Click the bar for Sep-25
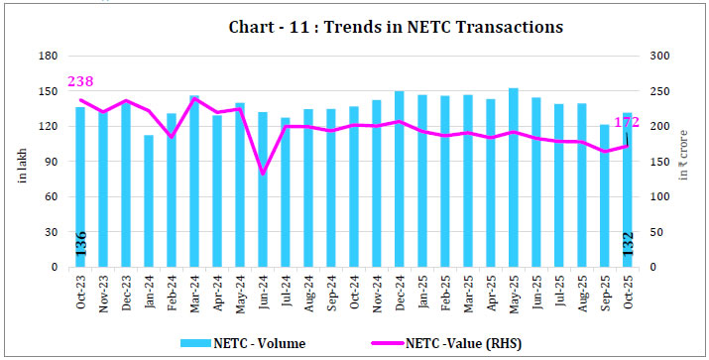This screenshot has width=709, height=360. coord(604,196)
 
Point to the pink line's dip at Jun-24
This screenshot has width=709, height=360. coord(263,174)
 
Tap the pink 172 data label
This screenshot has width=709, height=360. coord(627,123)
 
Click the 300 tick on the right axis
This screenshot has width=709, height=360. coord(660,58)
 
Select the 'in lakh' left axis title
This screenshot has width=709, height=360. coord(21,165)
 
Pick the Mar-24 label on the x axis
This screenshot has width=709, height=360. coord(194,291)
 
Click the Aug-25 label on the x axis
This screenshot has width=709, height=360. coord(581,291)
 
